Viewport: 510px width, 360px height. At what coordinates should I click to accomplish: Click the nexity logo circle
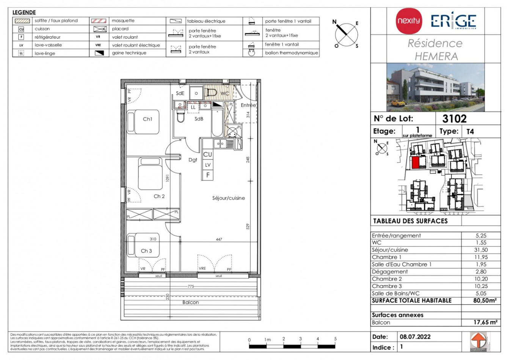coord(409,21)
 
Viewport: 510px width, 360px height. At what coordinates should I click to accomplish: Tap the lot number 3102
coord(454,119)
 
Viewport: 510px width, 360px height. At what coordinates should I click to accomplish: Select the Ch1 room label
coord(148,119)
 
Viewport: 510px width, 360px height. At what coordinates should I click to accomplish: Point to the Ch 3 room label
coord(146,251)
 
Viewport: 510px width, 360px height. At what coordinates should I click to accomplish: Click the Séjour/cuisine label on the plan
coord(228,198)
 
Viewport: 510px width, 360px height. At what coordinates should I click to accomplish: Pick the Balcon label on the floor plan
coord(190,302)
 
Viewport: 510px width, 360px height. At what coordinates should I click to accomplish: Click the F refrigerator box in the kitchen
coord(208,175)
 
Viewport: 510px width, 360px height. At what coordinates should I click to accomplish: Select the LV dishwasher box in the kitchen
coord(208,165)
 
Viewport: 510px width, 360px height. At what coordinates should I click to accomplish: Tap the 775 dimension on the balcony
coord(191,286)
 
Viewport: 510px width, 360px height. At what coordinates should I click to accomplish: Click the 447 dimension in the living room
coord(219,239)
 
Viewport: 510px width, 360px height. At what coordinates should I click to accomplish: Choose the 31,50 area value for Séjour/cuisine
coord(481,250)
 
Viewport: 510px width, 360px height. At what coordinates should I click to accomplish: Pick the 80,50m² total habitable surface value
coord(485,301)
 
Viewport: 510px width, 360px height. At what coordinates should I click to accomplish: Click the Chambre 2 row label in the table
coord(387,279)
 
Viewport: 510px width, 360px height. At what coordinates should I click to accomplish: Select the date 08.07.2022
coord(415,337)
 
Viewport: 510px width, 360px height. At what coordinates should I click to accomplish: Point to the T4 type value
coord(470,131)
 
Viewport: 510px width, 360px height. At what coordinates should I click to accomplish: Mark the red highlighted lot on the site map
coord(415,163)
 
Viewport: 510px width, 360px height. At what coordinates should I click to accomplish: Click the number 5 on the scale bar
coord(335,339)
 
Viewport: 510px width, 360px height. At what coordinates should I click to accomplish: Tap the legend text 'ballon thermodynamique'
coord(291,53)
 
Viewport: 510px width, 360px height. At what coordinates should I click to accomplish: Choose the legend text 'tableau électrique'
coord(206,21)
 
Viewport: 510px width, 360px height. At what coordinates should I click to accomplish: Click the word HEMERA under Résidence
coord(436,56)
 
